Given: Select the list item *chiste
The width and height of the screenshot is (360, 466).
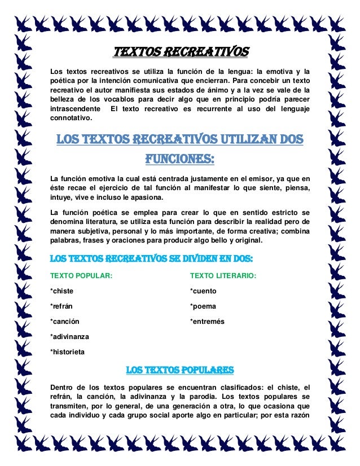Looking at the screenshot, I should click(x=62, y=291).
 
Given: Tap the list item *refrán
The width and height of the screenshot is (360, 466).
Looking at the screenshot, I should click(x=62, y=306).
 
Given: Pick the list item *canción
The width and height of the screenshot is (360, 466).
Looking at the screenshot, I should click(x=65, y=322).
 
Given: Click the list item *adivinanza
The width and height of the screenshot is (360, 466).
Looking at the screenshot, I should click(x=70, y=337).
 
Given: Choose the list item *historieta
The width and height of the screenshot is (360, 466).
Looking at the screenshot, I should click(x=68, y=352).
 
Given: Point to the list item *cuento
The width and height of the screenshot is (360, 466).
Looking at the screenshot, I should click(x=203, y=291).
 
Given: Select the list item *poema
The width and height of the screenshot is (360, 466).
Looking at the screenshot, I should click(x=203, y=306).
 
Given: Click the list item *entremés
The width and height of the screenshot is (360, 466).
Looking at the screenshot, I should click(x=207, y=322).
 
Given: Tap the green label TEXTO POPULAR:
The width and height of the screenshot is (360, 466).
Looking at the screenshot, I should click(x=81, y=276).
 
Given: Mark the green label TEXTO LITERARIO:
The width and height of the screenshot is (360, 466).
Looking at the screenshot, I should click(x=223, y=276).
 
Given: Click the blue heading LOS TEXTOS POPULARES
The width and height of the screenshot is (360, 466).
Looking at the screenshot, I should click(x=179, y=370).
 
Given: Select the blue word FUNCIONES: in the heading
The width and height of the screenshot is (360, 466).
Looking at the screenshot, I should click(x=179, y=159).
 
